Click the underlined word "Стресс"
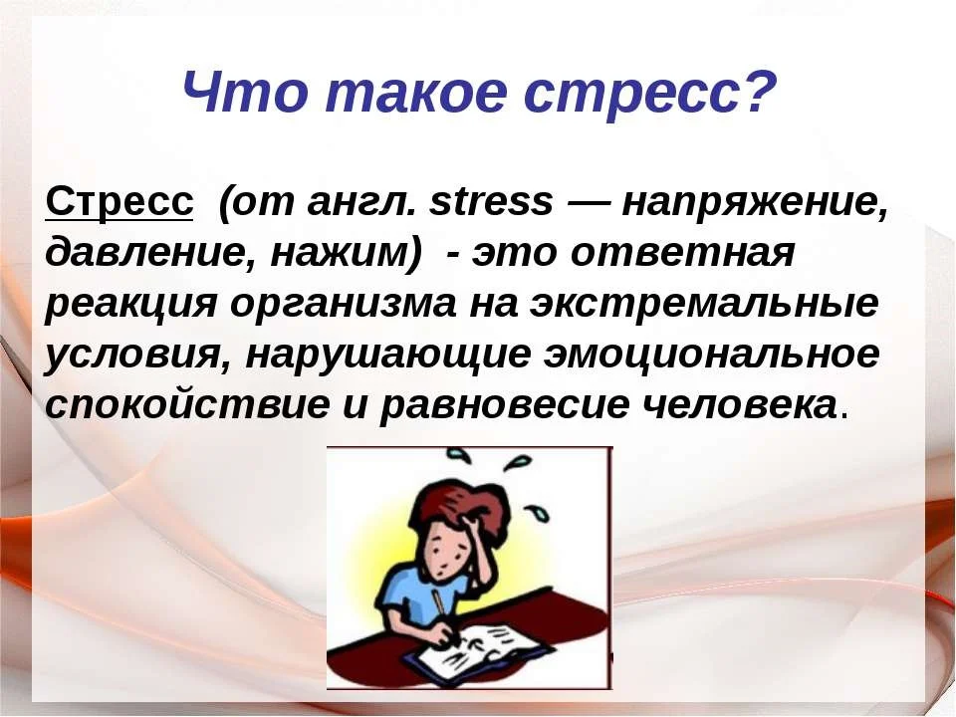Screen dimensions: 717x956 click(119, 202)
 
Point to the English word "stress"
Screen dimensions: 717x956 click(492, 202)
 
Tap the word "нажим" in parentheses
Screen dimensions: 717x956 click(337, 253)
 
